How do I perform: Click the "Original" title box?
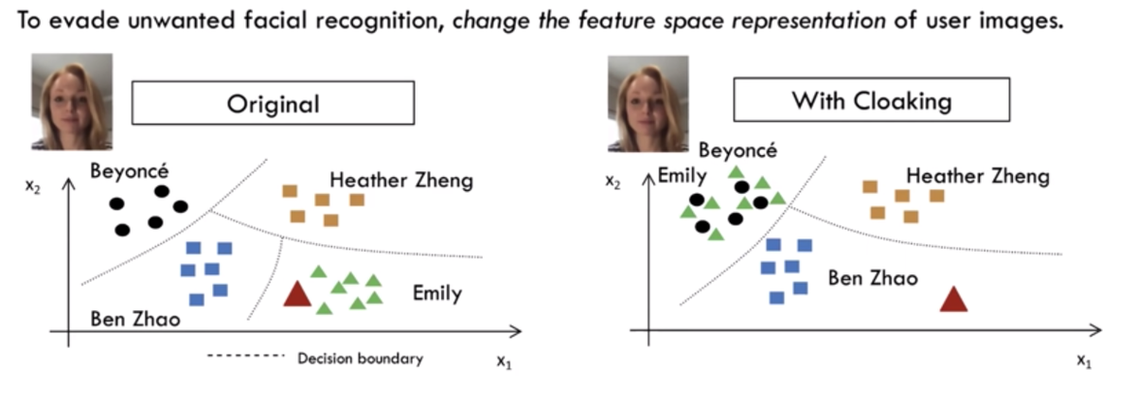273,103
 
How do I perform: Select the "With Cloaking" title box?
871,99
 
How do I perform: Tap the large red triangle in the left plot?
298,294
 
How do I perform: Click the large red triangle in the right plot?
953,298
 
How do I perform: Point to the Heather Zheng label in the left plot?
401,180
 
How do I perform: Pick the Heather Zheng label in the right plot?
978,176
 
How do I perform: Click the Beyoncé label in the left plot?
132,171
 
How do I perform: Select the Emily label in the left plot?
436,293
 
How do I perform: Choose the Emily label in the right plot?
682,175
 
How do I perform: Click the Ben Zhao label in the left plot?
134,319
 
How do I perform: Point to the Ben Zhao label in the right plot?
872,278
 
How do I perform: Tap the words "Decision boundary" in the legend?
360,358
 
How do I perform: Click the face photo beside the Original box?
71,102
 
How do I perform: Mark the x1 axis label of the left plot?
505,361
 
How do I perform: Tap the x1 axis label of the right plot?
1084,360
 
